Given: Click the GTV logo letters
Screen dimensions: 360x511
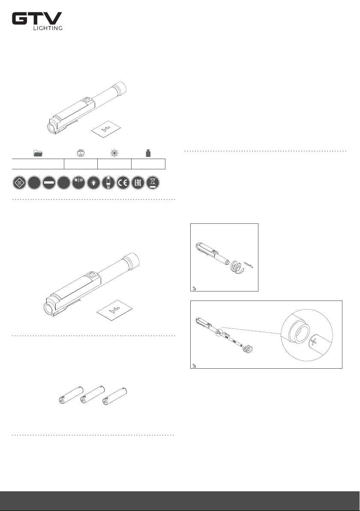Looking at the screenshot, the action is coord(37,18).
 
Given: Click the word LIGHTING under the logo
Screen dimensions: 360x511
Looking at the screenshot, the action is coord(48,28).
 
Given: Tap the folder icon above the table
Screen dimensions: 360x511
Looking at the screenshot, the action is coord(38,153).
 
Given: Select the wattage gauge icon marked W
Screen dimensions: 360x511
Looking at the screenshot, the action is coord(81,153).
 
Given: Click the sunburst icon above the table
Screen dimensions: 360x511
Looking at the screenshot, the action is coord(114,153).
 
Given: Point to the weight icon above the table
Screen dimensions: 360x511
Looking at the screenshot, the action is coord(148,153).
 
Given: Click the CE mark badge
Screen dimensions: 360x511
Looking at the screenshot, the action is coord(123,183).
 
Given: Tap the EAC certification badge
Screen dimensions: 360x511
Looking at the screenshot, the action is coord(138,183).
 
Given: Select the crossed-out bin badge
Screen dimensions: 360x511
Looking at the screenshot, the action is coord(153,183).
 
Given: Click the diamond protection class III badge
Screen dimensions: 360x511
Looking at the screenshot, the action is coord(20,183).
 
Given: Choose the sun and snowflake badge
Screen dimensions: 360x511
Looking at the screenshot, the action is coord(78,183).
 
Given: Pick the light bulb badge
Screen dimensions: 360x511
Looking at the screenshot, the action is coord(93,183).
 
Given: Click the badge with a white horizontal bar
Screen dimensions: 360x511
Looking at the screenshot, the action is coord(49,183).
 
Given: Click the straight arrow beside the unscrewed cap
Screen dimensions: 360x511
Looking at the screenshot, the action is coord(248,265).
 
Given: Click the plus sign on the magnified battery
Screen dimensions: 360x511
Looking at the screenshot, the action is coord(314,342).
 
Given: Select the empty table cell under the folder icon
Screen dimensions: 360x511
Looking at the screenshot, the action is coord(38,164).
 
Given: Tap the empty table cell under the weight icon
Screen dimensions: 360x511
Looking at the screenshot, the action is coord(148,164).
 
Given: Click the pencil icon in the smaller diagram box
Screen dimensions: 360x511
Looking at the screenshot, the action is coord(194,288).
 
